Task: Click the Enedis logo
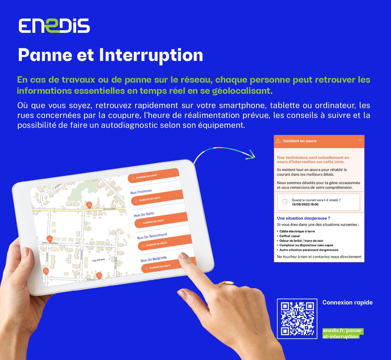54,26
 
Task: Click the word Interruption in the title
151,55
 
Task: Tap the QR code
297,318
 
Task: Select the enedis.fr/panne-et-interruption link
343,333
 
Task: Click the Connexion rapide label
347,302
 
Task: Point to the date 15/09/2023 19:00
305,204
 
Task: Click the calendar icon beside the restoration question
284,202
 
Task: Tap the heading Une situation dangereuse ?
304,218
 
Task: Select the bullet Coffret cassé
289,236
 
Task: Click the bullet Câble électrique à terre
297,231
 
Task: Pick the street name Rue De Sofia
144,214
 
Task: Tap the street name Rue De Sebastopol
152,236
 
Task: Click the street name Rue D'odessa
141,192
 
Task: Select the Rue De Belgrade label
154,259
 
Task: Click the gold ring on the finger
226,283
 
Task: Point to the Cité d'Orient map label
99,260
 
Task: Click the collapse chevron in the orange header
360,140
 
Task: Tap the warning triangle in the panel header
278,141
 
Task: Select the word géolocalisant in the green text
242,91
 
